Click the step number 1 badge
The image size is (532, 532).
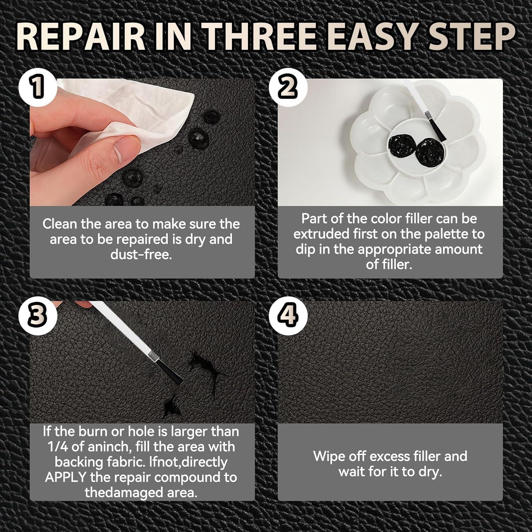point(38,88)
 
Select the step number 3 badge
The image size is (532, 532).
point(38,315)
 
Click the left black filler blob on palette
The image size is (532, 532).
point(402,148)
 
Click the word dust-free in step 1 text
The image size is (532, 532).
point(141,254)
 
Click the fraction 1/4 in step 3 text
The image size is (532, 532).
point(57,447)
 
